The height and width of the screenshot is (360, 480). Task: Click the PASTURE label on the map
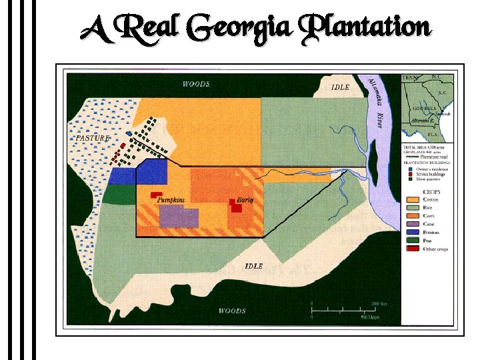coord(92,137)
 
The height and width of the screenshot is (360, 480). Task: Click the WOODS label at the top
coord(196,84)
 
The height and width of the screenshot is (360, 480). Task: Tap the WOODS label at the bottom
coord(232,311)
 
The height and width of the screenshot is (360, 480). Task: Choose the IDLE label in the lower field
coord(253,266)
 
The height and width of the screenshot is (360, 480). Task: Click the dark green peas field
coord(119,193)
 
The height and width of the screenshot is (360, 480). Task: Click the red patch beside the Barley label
coord(235,207)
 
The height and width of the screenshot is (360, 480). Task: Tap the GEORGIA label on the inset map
coord(425,108)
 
